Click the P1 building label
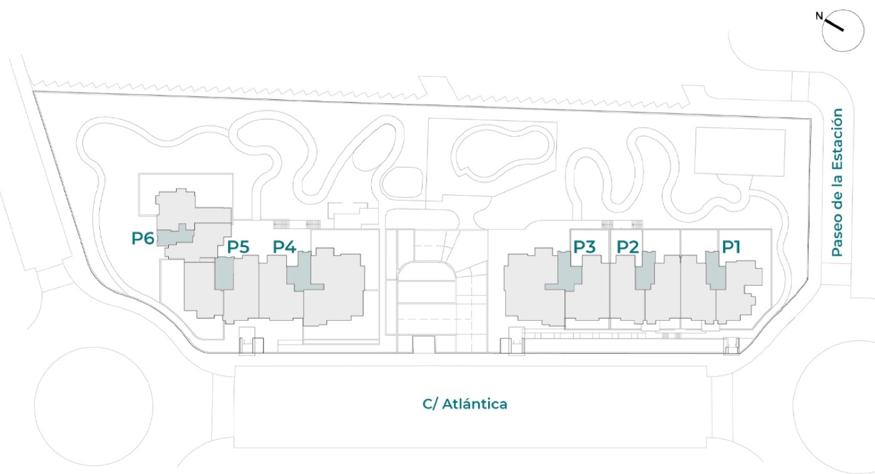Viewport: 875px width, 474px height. (731, 247)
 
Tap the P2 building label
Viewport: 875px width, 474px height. (627, 247)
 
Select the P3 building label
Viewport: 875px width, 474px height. (584, 247)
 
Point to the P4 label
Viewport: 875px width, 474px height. (284, 247)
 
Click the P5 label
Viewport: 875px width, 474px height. (238, 247)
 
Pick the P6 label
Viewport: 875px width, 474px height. (142, 238)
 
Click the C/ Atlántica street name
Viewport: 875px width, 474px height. (465, 404)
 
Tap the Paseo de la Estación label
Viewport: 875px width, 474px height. (837, 183)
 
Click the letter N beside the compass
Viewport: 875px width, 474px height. (819, 16)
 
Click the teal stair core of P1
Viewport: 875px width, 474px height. (716, 270)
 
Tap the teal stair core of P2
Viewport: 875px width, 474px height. (645, 270)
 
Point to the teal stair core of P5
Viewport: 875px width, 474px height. (224, 273)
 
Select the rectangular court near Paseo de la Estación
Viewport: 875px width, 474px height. (740, 151)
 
